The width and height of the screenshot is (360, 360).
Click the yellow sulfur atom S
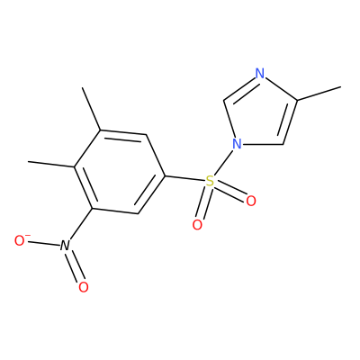211,181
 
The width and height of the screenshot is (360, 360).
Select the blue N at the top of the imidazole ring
260,74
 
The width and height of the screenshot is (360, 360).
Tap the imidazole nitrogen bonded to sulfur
237,144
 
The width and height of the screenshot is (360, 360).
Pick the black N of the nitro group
64,246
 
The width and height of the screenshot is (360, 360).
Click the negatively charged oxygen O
20,240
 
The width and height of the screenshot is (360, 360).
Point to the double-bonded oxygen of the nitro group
84,287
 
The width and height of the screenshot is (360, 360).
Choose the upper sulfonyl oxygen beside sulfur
251,201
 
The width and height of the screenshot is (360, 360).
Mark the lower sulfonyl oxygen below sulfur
197,225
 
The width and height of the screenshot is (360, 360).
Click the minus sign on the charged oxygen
28,236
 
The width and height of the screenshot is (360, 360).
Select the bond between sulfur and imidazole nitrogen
223,163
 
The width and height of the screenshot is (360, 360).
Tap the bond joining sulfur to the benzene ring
184,178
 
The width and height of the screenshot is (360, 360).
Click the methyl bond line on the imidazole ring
319,94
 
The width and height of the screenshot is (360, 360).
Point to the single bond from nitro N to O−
43,243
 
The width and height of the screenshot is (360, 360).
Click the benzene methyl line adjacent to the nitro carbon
51,165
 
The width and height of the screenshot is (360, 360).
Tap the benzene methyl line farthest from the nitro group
92,109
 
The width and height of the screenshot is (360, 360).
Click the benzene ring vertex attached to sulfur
165,175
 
